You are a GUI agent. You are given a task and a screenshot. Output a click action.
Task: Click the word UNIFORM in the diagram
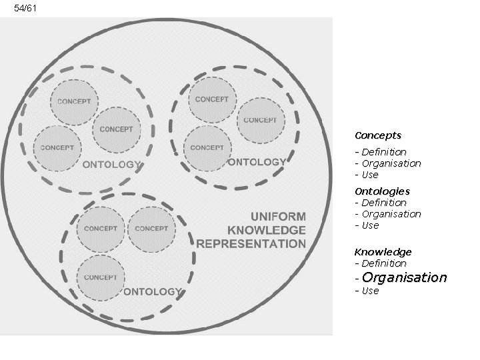pyautogui.click(x=278, y=216)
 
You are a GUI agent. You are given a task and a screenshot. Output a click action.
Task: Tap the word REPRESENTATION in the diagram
pyautogui.click(x=251, y=243)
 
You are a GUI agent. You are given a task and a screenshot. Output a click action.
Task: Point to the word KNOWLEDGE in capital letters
pyautogui.click(x=266, y=230)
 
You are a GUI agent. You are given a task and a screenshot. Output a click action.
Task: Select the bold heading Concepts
pyautogui.click(x=377, y=135)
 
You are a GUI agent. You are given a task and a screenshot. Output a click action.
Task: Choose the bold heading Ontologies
pyautogui.click(x=382, y=191)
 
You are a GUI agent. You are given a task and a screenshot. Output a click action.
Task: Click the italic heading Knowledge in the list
pyautogui.click(x=383, y=252)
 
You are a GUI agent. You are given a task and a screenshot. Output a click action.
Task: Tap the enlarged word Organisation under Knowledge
pyautogui.click(x=405, y=277)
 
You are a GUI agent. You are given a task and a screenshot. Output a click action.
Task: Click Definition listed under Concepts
pyautogui.click(x=383, y=152)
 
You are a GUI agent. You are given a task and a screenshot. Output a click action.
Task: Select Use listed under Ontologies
pyautogui.click(x=369, y=225)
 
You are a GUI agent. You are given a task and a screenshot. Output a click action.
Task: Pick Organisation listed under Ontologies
pyautogui.click(x=391, y=214)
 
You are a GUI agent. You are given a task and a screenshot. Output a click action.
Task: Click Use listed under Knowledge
pyautogui.click(x=369, y=291)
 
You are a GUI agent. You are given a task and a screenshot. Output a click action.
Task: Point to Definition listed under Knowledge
pyautogui.click(x=383, y=263)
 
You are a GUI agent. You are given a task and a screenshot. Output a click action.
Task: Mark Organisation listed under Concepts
pyautogui.click(x=391, y=163)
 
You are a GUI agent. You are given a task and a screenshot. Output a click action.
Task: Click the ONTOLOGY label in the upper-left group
pyautogui.click(x=111, y=164)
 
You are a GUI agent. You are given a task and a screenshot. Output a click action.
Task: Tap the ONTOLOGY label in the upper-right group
pyautogui.click(x=257, y=161)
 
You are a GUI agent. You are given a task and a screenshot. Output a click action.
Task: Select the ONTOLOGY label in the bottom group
pyautogui.click(x=152, y=291)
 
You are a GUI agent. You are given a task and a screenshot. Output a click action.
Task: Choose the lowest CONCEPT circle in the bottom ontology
pyautogui.click(x=101, y=277)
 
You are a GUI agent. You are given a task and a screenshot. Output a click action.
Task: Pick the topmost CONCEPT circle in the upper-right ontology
pyautogui.click(x=211, y=99)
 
